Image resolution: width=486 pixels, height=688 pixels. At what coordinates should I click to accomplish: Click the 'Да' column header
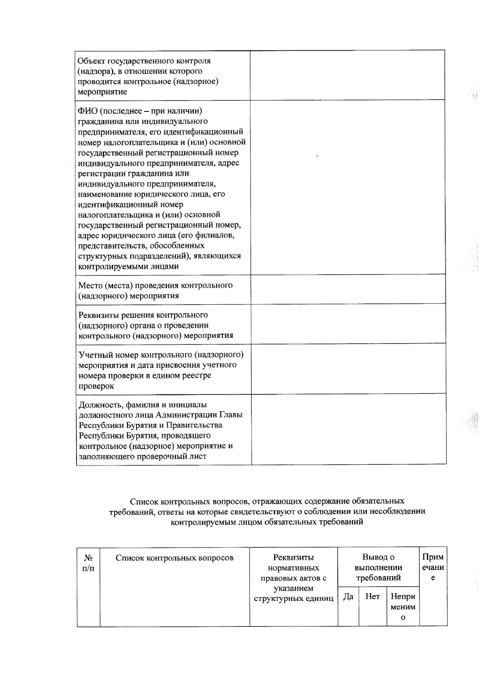tap(348, 596)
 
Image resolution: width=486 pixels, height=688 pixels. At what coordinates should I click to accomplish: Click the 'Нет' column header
tap(372, 596)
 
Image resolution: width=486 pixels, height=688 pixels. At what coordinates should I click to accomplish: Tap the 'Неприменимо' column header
tap(403, 607)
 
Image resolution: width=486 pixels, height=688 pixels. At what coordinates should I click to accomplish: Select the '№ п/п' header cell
tap(88, 563)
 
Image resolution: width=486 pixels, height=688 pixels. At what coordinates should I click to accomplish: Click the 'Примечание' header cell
tap(433, 567)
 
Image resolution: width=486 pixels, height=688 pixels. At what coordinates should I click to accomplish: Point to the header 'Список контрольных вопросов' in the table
tap(175, 558)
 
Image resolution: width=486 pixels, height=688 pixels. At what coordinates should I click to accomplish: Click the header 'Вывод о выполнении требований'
tap(378, 567)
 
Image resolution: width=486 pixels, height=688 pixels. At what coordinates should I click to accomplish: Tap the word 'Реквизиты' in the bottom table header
tap(293, 558)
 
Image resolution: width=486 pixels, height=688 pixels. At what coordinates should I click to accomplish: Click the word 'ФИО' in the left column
tap(86, 111)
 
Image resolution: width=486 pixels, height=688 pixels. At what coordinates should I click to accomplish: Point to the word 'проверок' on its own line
tap(96, 386)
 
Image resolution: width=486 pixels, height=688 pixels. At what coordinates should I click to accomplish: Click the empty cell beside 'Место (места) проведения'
tap(348, 289)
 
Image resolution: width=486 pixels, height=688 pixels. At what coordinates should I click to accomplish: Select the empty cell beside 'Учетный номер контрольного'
tap(348, 369)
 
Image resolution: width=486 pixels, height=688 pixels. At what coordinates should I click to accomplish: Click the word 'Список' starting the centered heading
tap(142, 501)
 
